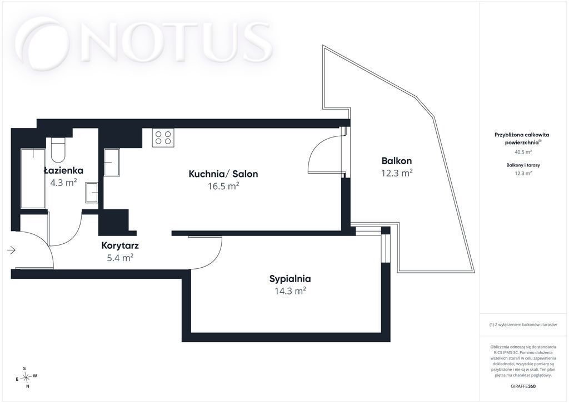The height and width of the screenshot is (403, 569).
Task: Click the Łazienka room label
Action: (63, 170)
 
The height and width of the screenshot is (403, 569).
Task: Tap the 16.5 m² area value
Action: (223, 186)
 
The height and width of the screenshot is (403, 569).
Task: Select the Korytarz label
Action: (120, 245)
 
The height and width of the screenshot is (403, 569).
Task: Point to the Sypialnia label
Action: (290, 279)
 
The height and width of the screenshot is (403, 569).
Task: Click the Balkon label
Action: (397, 161)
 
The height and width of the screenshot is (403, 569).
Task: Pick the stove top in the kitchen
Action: (163, 137)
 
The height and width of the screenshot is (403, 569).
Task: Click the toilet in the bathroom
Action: (58, 150)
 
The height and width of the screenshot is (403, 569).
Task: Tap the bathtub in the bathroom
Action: (33, 178)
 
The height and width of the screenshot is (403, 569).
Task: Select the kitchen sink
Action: (112, 163)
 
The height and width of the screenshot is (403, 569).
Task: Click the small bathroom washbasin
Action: (92, 192)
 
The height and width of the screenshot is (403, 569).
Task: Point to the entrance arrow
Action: (11, 250)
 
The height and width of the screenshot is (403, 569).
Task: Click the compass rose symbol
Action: (26, 377)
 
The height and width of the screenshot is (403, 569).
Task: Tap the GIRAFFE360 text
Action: (522, 386)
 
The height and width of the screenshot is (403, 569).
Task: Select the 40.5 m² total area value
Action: (523, 152)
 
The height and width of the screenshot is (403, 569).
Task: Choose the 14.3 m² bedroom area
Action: (290, 291)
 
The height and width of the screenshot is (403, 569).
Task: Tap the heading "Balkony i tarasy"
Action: (523, 165)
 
